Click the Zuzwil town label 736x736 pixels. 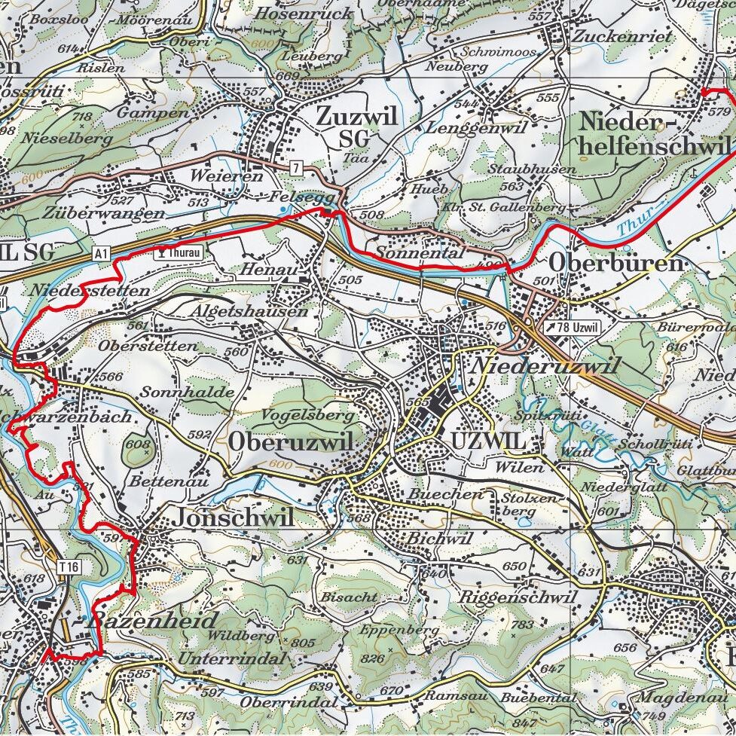356,118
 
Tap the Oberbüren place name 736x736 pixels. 616,263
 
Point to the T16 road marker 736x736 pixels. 71,567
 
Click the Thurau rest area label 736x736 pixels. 179,253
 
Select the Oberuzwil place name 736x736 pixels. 291,443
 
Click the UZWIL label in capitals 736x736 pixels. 487,441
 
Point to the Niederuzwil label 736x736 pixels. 545,367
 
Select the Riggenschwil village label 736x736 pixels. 517,597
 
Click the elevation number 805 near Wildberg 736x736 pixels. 302,643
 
